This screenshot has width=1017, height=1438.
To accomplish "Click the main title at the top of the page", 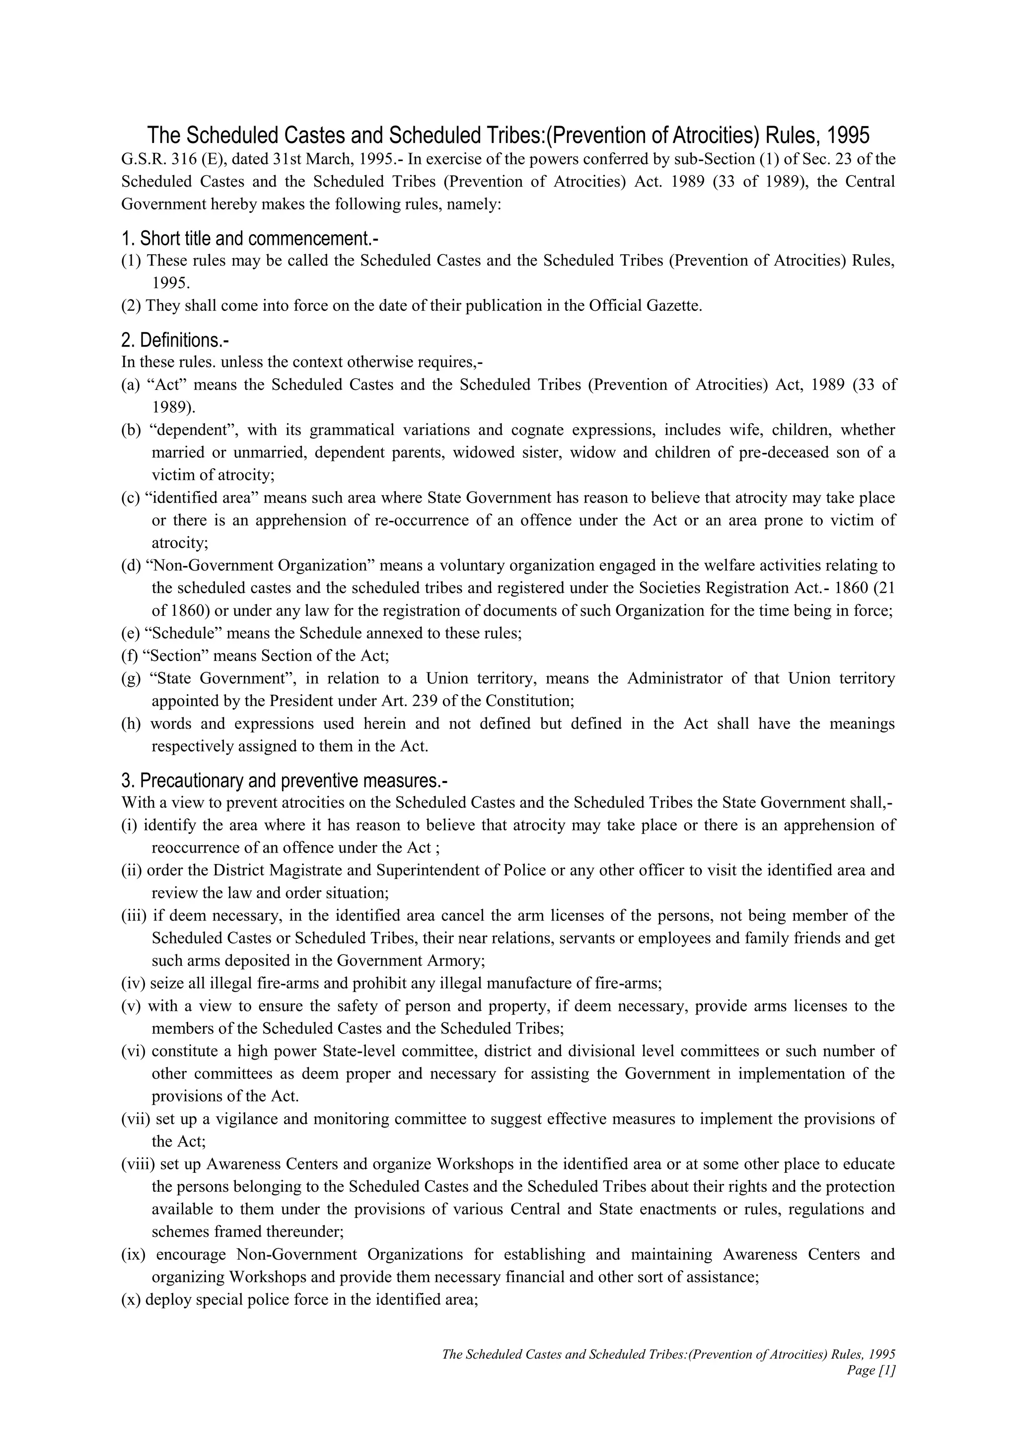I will click(508, 135).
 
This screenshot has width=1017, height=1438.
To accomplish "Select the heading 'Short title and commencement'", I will click(250, 239).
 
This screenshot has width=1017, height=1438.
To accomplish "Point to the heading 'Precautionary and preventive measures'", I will click(285, 781).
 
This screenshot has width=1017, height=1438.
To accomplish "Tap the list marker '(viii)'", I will click(139, 1164).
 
